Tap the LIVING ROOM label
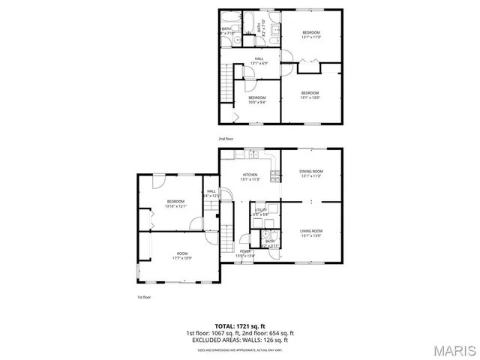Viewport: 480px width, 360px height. [x=311, y=232]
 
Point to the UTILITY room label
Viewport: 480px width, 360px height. [x=261, y=211]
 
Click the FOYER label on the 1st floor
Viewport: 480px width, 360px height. [x=245, y=253]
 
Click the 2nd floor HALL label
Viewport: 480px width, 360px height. [x=259, y=60]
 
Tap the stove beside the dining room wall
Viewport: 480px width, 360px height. [x=275, y=177]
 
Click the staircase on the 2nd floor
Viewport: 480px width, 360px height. [x=223, y=82]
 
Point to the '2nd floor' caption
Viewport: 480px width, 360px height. [x=226, y=139]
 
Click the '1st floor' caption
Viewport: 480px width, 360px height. [x=144, y=297]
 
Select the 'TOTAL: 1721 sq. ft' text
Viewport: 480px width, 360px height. [x=239, y=326]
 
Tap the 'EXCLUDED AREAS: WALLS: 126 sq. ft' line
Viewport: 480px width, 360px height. [x=239, y=340]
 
